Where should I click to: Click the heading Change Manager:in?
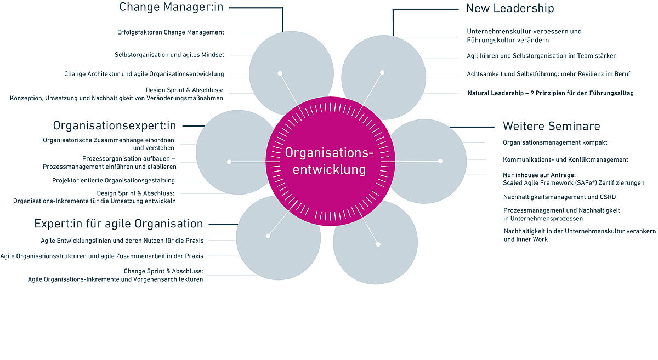tap(172, 8)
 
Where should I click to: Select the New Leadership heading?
tap(510, 8)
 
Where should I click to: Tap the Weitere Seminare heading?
tap(551, 126)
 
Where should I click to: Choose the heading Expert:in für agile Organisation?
tap(118, 224)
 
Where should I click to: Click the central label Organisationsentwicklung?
tap(329, 161)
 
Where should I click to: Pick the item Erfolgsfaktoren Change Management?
tap(171, 32)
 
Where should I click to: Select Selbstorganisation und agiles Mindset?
tap(169, 55)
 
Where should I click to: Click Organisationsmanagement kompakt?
tap(555, 142)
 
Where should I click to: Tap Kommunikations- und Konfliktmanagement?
tap(565, 159)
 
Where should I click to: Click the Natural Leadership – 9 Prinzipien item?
tap(551, 93)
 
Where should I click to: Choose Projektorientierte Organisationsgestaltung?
tap(114, 180)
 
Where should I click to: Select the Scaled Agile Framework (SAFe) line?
tap(574, 182)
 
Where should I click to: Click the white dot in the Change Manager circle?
tap(280, 73)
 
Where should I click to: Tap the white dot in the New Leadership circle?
tap(382, 72)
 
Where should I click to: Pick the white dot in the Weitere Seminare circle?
tap(440, 161)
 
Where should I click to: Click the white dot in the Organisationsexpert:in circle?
tap(229, 162)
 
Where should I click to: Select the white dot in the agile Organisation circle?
tap(268, 236)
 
